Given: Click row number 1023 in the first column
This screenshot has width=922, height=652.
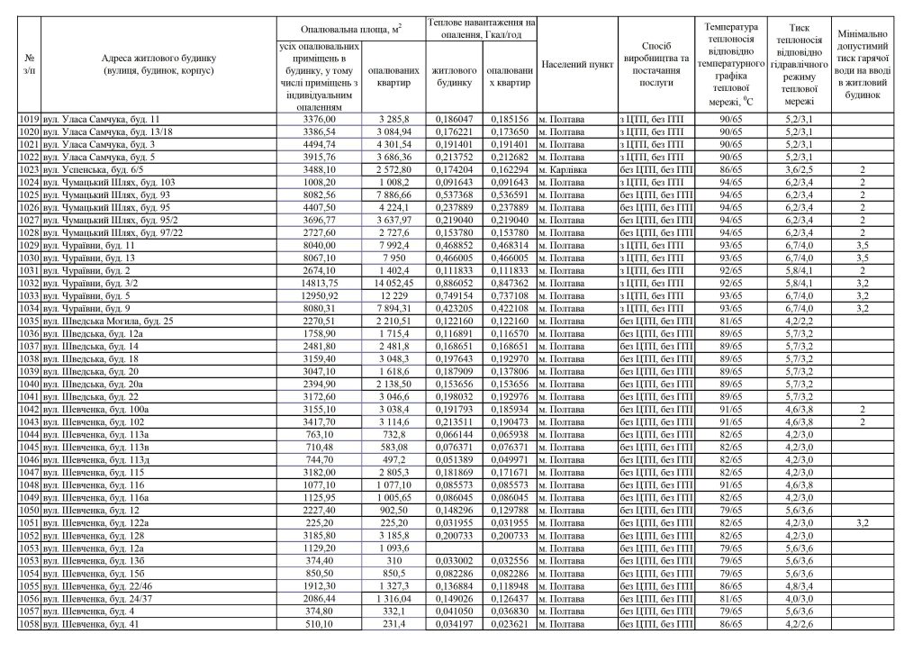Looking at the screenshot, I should (30, 169).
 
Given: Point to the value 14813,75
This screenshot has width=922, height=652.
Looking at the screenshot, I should (321, 282).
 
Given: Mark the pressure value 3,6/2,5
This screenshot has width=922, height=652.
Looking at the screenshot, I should (799, 169).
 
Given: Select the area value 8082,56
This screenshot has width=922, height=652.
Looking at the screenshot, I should (321, 195).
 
